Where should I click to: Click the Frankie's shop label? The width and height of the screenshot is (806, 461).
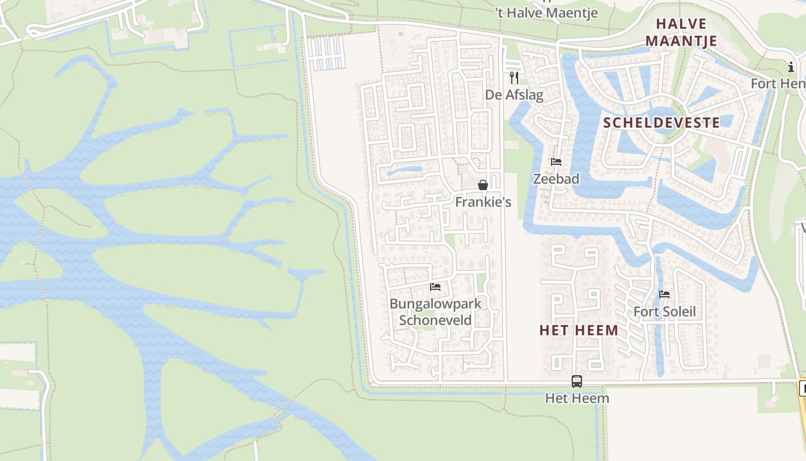coord(483,202)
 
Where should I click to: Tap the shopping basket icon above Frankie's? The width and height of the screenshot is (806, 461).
coord(483,185)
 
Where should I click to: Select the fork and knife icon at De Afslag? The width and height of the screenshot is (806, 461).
coord(514,77)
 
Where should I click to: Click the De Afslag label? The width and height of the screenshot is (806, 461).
coord(514,95)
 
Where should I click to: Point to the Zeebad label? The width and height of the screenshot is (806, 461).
coord(556,179)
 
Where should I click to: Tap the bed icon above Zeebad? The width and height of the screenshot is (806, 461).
coord(556,162)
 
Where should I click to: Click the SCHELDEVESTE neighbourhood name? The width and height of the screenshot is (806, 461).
coord(661,122)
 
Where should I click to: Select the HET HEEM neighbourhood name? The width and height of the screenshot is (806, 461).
coord(579,330)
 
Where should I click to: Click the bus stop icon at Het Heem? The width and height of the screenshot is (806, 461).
coord(577,381)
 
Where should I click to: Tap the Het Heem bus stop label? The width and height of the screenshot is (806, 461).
coord(577,398)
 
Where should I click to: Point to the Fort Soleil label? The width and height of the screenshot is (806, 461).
coord(664,312)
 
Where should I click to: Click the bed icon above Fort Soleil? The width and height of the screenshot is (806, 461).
coord(664,294)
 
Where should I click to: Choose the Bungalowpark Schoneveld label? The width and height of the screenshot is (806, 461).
coord(435,311)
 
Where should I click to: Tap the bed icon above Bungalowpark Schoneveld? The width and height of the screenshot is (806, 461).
coord(435,286)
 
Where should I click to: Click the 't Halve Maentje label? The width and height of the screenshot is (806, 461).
coord(546,13)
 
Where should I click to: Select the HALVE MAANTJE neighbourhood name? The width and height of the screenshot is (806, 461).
coord(681,32)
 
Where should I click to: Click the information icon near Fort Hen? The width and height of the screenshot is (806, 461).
coord(791,68)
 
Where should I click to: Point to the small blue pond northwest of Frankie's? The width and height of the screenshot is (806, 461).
coord(404,171)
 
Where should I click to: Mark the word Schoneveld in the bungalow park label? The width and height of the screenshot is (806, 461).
coord(435,320)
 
